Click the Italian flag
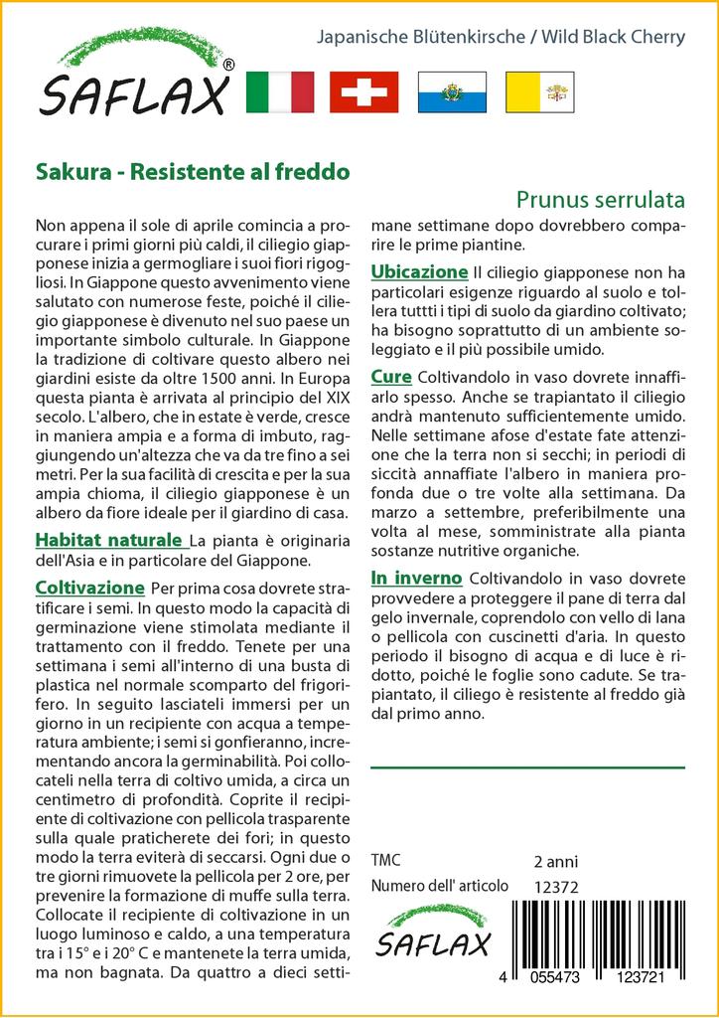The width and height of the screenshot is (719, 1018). pos(278,92)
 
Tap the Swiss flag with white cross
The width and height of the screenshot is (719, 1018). pos(363,92)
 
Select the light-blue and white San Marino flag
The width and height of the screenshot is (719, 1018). pos(450,92)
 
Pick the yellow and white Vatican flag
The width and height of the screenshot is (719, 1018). pos(536,92)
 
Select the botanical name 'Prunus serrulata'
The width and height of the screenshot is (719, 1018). pos(601,199)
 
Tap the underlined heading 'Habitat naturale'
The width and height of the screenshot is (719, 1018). pos(109,541)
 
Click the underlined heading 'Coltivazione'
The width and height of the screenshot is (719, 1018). pos(89,587)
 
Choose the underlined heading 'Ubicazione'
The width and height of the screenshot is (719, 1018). pos(418,271)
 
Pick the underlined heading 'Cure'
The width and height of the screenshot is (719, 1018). pos(392,377)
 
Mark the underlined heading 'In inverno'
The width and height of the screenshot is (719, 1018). pos(416,577)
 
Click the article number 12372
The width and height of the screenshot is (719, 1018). pos(556,887)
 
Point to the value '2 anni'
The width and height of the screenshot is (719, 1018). pos(555,861)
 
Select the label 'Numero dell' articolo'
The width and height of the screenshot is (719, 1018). pos(439,886)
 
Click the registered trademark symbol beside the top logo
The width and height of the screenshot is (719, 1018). pos(229,65)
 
